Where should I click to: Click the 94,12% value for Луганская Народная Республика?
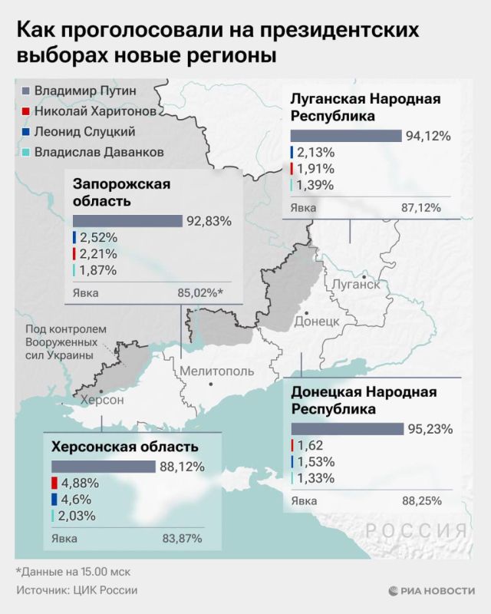click(x=429, y=136)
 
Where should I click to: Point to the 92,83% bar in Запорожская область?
click(x=127, y=221)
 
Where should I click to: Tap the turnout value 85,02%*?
click(x=200, y=292)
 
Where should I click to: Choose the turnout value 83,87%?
click(x=183, y=538)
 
